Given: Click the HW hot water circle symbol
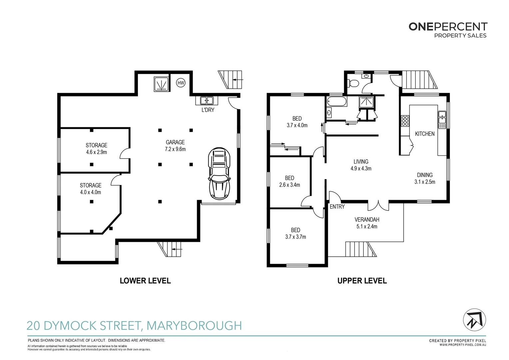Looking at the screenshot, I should [181, 83].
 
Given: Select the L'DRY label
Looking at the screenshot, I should [208, 110].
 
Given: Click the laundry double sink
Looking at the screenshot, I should [207, 100].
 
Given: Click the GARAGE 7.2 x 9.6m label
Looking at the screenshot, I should [175, 146].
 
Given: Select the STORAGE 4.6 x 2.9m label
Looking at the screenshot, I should [97, 149].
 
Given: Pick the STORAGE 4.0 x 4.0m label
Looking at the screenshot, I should [91, 189].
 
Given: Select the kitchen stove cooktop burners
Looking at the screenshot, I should [405, 121].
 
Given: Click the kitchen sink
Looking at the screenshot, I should [442, 119].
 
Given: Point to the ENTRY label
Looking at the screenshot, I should [337, 207].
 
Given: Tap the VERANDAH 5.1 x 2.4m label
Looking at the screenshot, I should [367, 223].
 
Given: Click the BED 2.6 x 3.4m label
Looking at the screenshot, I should [289, 181].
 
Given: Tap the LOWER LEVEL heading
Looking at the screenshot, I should [145, 281].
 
